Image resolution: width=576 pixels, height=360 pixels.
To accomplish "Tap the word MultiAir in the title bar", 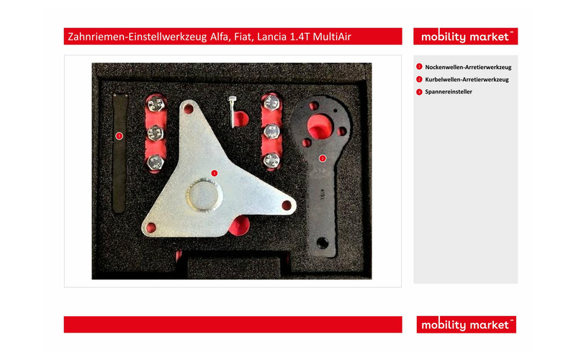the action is (x=332, y=37).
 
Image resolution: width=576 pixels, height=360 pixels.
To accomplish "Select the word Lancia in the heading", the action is (x=271, y=37).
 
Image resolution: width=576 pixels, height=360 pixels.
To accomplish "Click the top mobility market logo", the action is (x=465, y=37).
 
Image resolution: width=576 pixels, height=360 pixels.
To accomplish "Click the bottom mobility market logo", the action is (x=466, y=325).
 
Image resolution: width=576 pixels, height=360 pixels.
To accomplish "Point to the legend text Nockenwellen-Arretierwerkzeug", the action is (x=468, y=67).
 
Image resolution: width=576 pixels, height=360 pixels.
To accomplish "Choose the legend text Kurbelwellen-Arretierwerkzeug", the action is (x=467, y=79).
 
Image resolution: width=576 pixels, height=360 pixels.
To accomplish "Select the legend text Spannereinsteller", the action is (x=449, y=92).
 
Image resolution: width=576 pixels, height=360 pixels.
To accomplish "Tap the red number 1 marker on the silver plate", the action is (x=214, y=173).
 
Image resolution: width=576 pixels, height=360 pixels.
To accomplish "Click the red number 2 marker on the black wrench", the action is (x=322, y=158).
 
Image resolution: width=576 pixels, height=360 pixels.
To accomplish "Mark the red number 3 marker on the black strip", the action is (x=119, y=136).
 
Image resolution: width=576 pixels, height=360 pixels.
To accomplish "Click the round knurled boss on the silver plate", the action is (x=204, y=194).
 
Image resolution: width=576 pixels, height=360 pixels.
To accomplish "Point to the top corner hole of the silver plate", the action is (x=189, y=109).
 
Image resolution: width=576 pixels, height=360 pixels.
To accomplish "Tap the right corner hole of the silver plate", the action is (x=287, y=205).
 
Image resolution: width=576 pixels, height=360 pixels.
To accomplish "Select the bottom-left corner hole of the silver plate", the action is (x=151, y=228).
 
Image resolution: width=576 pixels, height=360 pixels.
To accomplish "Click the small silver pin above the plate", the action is (x=232, y=112).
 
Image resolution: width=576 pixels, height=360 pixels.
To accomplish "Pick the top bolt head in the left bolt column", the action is (x=156, y=104).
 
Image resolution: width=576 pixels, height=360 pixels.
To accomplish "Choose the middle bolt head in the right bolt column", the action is (x=271, y=132).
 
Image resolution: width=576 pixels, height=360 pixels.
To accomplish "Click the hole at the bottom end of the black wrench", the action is (x=322, y=243).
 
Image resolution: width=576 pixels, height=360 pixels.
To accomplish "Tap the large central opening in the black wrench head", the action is (x=320, y=127).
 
